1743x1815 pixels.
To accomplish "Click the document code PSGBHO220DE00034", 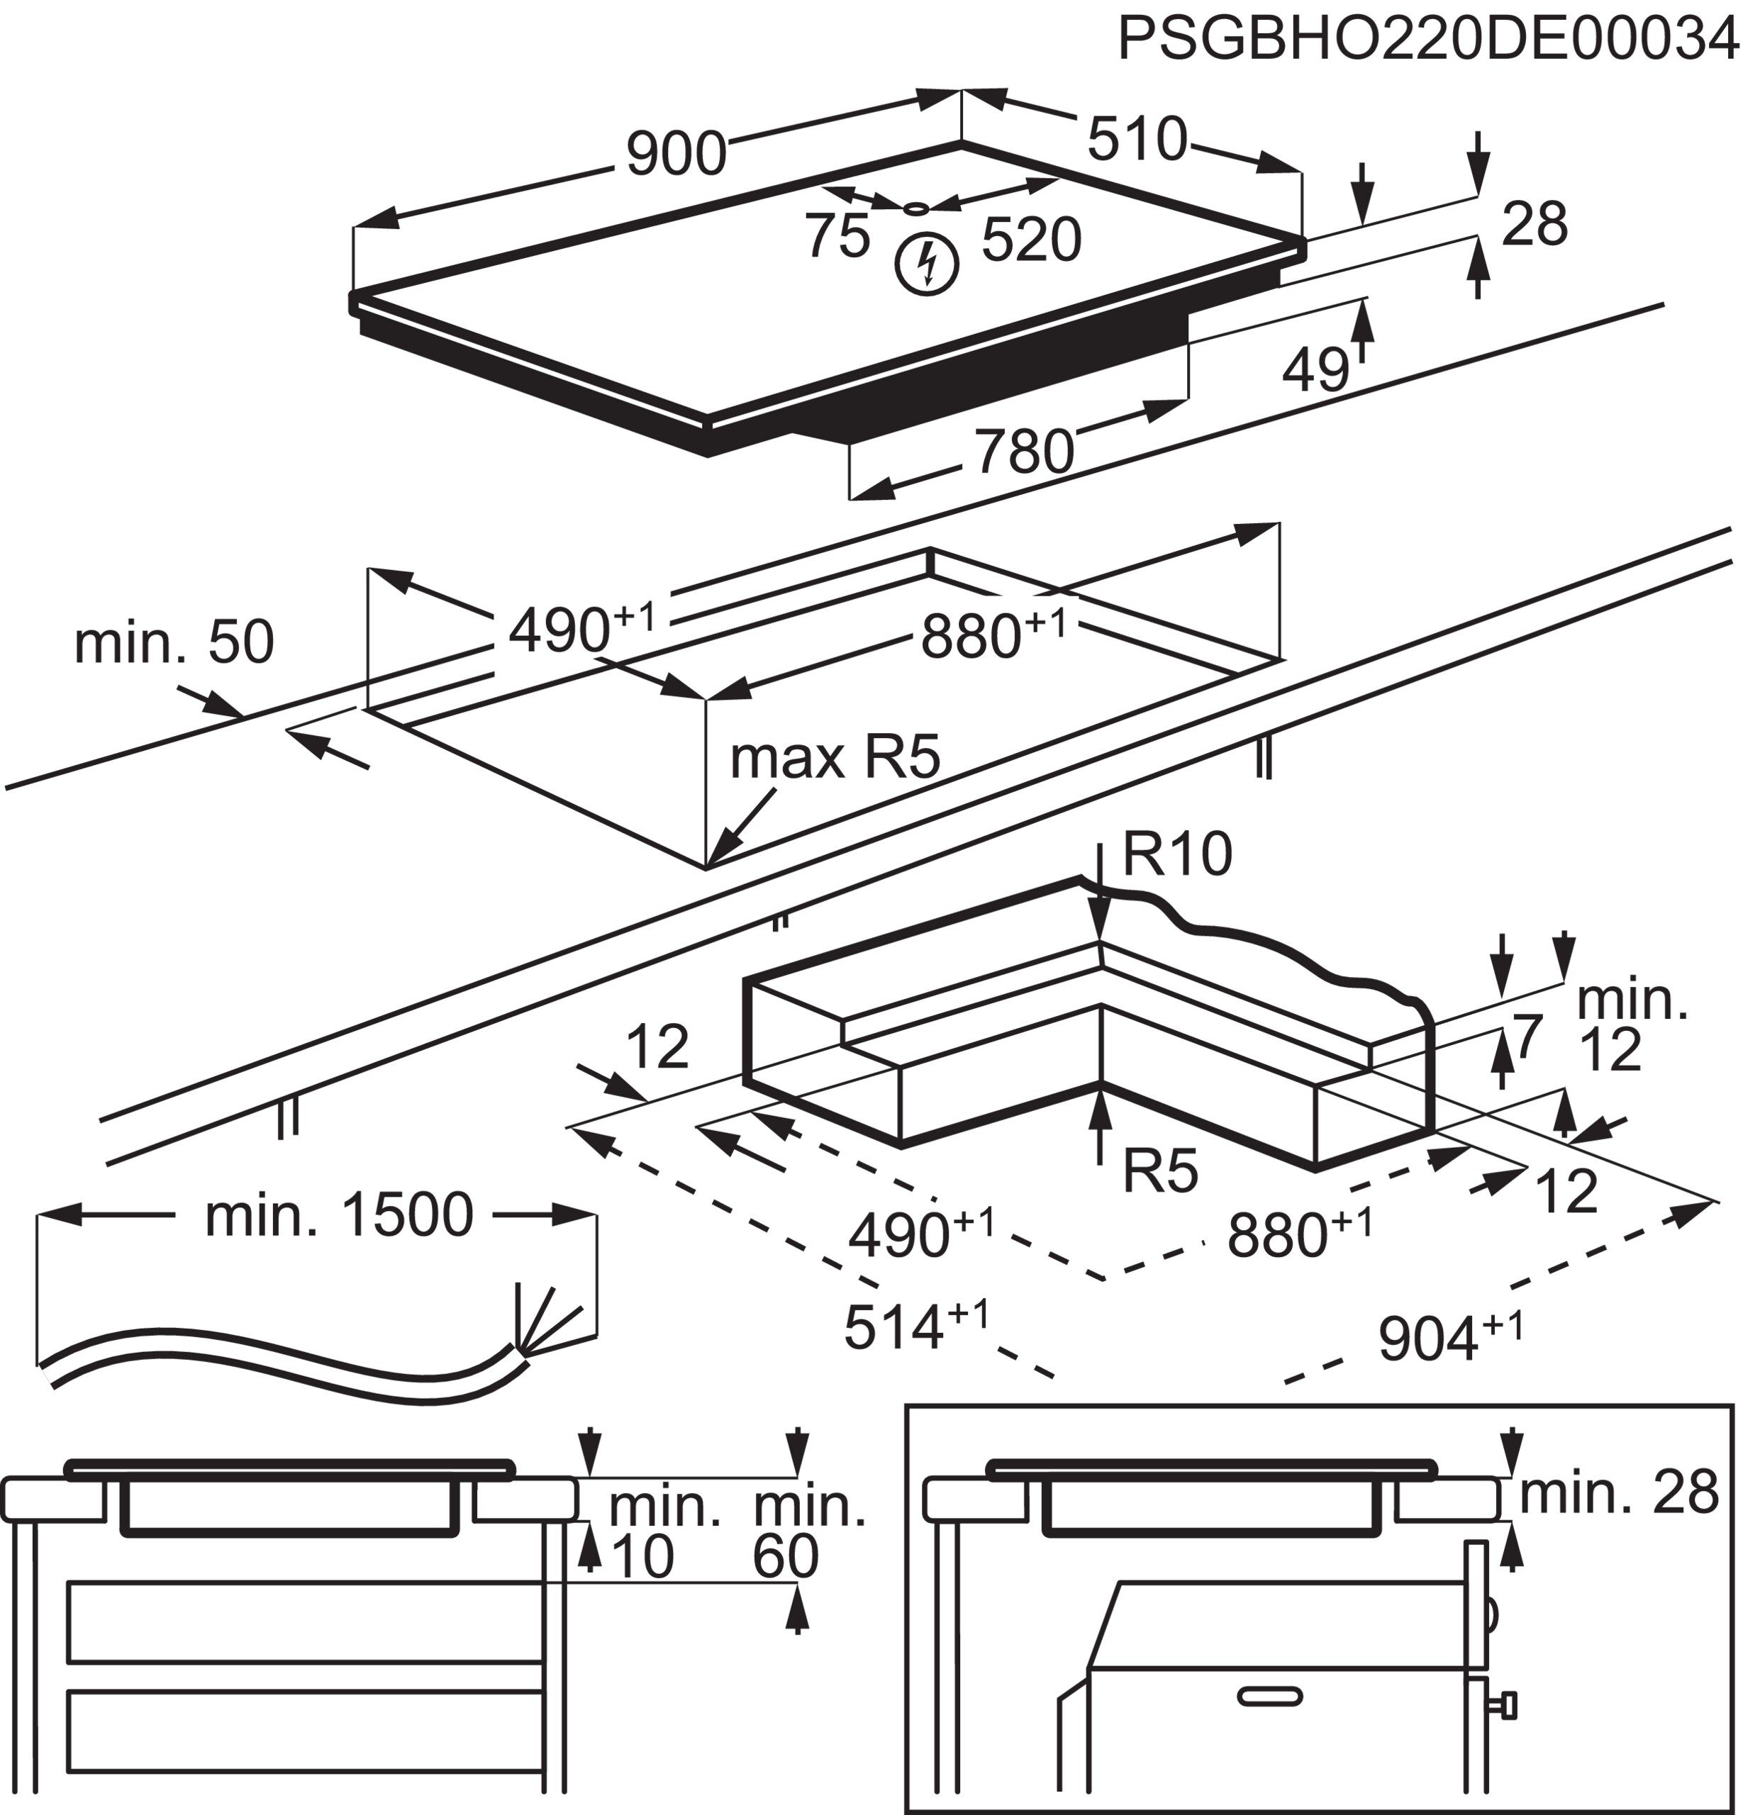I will (x=1427, y=39).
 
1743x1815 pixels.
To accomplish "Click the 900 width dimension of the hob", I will (x=676, y=153).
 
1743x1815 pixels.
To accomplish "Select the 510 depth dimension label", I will (x=1137, y=139).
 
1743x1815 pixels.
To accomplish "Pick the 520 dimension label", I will (x=1031, y=241).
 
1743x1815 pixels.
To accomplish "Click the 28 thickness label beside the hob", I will (x=1534, y=224).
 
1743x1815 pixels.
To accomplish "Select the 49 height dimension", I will (x=1316, y=369).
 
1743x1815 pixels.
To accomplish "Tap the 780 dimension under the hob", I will (x=1023, y=452).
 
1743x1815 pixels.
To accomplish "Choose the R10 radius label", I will (x=1177, y=853).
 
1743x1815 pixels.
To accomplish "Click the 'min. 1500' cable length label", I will (x=339, y=1215).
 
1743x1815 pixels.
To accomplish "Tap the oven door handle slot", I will (x=1271, y=1697).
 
